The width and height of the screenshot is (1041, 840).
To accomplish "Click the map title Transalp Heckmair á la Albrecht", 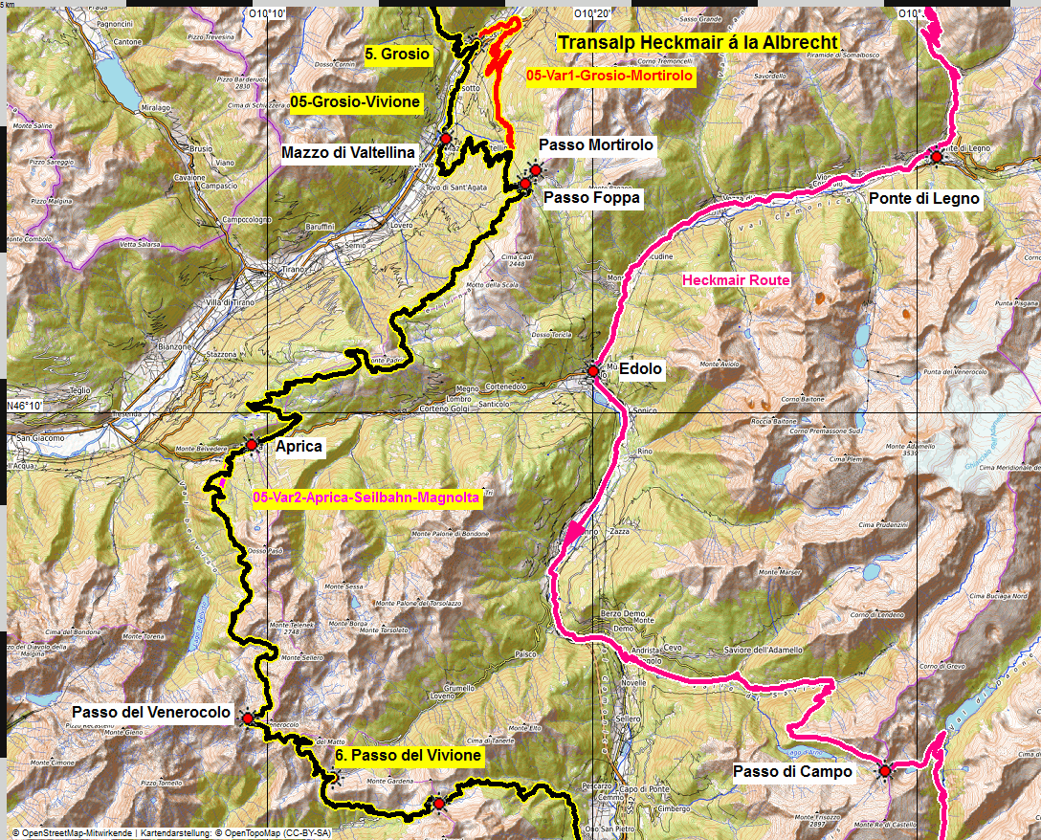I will pyautogui.click(x=698, y=42).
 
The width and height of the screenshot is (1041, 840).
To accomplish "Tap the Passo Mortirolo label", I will pyautogui.click(x=596, y=144).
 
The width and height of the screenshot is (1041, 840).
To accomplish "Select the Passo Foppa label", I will pyautogui.click(x=591, y=197).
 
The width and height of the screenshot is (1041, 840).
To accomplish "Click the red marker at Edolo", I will pyautogui.click(x=593, y=371).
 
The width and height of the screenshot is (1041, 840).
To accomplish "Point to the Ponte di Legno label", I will pyautogui.click(x=924, y=199).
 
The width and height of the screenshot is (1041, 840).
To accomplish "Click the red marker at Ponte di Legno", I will pyautogui.click(x=935, y=157).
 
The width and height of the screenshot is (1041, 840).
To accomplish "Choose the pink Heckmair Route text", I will pyautogui.click(x=736, y=280).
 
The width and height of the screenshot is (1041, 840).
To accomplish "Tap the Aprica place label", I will pyautogui.click(x=298, y=447).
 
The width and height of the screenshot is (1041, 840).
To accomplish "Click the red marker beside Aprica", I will pyautogui.click(x=251, y=445).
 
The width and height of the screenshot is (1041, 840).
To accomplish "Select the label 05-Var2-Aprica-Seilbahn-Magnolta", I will pyautogui.click(x=366, y=498).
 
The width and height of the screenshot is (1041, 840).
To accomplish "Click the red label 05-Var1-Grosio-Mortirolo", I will pyautogui.click(x=609, y=74).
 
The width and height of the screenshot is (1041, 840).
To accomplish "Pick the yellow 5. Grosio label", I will pyautogui.click(x=398, y=55).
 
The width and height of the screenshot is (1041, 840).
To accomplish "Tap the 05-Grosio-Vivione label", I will pyautogui.click(x=355, y=101).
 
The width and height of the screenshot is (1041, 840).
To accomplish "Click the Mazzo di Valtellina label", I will pyautogui.click(x=348, y=152).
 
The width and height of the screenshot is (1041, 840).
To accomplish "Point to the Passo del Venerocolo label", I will pyautogui.click(x=151, y=713).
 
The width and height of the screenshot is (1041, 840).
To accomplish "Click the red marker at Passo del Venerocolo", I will pyautogui.click(x=248, y=718).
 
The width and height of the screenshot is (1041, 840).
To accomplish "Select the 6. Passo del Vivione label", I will pyautogui.click(x=408, y=756).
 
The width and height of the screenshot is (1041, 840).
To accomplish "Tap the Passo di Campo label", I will pyautogui.click(x=792, y=771).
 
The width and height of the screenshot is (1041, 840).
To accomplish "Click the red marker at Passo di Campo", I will pyautogui.click(x=885, y=770).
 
